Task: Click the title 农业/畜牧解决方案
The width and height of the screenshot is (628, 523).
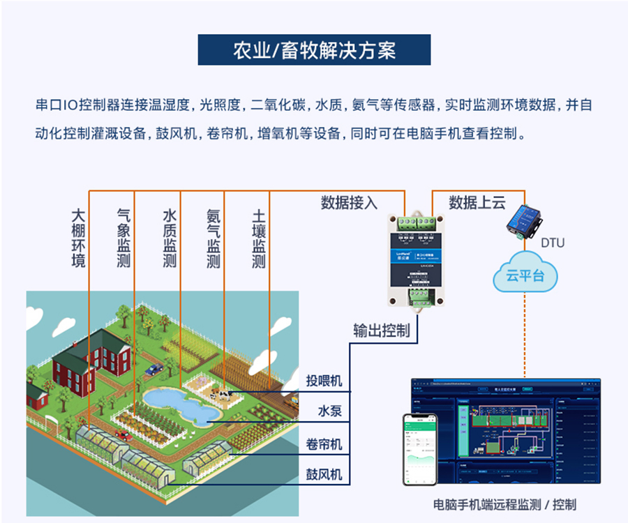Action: point(314,50)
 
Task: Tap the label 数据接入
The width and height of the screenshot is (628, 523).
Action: point(349,203)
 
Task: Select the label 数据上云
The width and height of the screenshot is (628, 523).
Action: point(477,203)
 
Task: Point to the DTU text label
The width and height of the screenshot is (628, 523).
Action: point(553,243)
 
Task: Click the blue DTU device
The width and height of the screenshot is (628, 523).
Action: point(524,221)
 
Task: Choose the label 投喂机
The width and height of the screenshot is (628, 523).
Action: point(324,381)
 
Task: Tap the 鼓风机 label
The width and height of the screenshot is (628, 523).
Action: point(324,475)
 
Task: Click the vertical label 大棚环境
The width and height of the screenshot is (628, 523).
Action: point(79,237)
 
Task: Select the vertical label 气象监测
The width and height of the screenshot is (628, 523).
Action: point(124,237)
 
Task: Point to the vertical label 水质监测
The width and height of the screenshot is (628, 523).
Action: point(170,237)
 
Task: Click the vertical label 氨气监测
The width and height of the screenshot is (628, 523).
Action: point(214,237)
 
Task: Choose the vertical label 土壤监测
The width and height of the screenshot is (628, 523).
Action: point(259,237)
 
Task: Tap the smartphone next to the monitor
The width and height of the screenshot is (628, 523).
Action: point(419,448)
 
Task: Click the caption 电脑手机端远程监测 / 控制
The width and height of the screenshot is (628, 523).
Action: point(505,504)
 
